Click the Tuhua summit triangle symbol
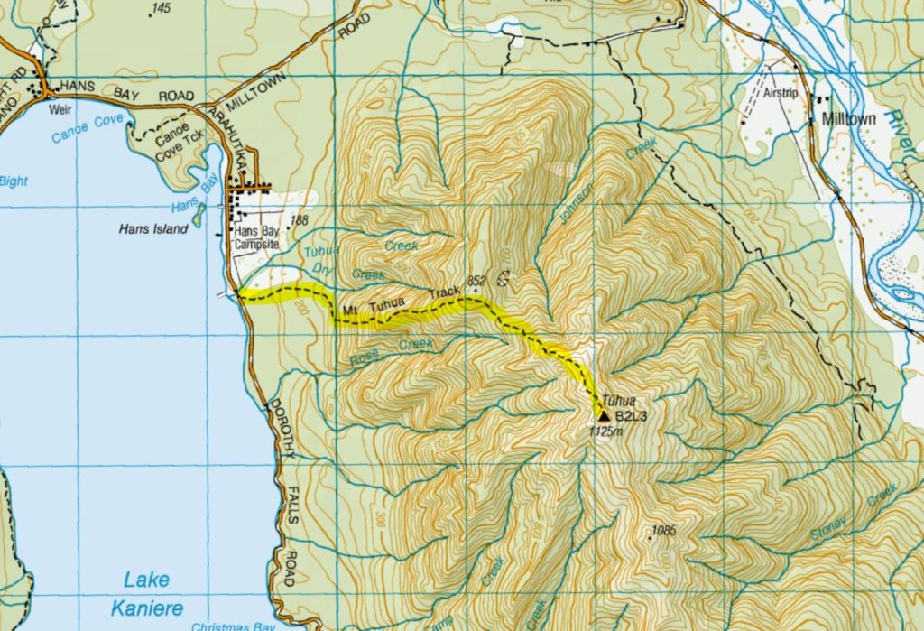point(603,414)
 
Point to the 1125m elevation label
point(605,432)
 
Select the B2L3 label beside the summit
point(633,416)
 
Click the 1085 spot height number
point(663,529)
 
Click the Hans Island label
point(153,229)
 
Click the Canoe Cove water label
point(82,132)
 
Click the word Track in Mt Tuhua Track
point(444,294)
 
